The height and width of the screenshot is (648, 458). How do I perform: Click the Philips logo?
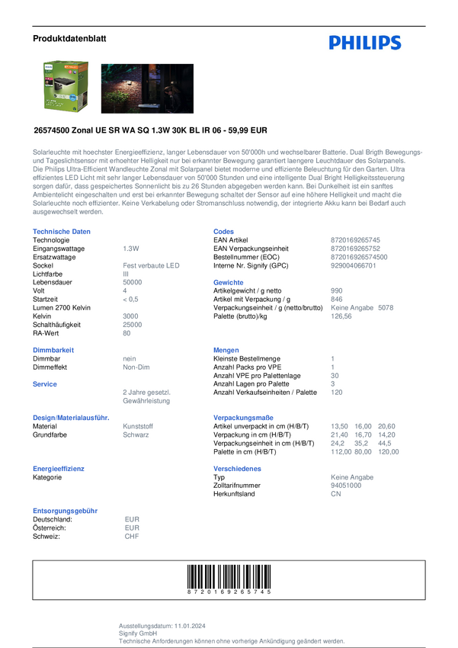[x=364, y=43]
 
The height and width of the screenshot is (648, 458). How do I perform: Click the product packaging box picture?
[x=65, y=90]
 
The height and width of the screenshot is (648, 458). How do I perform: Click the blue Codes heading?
[x=224, y=231]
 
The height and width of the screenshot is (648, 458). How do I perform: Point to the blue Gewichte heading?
[x=229, y=281]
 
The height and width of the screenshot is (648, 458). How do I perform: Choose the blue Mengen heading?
[x=227, y=350]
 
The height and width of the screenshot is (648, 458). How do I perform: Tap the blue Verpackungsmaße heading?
[x=244, y=418]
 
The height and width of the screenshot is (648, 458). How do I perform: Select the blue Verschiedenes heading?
[x=239, y=468]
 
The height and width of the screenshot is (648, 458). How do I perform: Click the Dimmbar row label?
[x=46, y=358]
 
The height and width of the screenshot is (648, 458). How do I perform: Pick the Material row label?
[x=45, y=425]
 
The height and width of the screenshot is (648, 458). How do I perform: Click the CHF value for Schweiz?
[x=132, y=536]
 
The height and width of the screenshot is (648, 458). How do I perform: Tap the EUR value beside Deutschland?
[x=132, y=518]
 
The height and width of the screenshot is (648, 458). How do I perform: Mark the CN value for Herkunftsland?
[x=336, y=493]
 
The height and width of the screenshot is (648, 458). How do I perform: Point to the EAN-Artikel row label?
[x=232, y=239]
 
